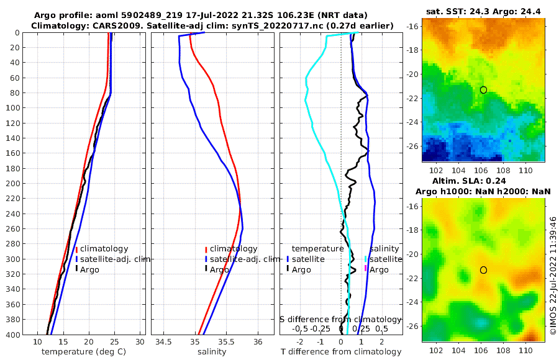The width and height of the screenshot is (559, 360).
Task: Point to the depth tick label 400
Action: click(x=13, y=334)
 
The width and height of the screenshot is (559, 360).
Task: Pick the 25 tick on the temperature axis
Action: click(x=114, y=342)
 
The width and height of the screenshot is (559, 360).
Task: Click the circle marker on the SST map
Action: click(x=483, y=90)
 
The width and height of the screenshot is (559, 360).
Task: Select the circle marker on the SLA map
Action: click(x=483, y=270)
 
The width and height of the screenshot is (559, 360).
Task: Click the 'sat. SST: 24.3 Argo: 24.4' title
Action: click(x=483, y=12)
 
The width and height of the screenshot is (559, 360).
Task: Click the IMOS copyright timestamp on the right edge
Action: click(x=553, y=276)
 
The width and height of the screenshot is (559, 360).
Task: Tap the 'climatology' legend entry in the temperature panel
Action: click(x=104, y=249)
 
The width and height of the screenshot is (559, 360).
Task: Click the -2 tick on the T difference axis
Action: click(x=301, y=342)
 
